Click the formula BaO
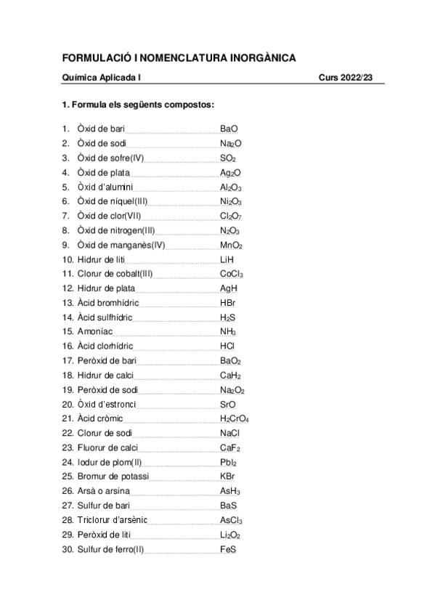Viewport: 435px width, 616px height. [229, 129]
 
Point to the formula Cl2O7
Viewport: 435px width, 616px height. [231, 216]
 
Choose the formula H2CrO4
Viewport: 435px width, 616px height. [235, 419]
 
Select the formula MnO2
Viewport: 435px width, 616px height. [231, 245]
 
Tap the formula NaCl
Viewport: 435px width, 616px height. [230, 434]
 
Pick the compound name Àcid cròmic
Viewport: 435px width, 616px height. [100, 419]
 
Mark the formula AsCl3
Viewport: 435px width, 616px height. [231, 521]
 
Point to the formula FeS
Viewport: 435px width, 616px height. [228, 550]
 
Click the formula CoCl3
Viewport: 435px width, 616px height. [232, 274]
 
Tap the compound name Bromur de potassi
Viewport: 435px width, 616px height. [113, 477]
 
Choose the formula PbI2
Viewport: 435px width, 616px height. [228, 463]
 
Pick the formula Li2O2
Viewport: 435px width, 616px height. [230, 535]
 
